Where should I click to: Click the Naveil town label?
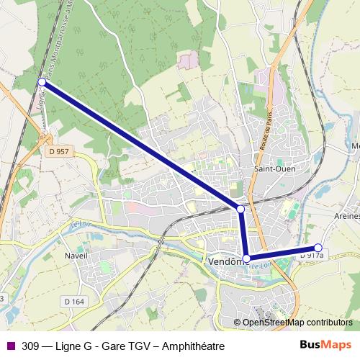pyautogui.click(x=76, y=256)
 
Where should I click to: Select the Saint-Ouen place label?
pyautogui.click(x=269, y=169)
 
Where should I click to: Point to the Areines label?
pyautogui.click(x=346, y=216)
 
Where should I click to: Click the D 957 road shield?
pyautogui.click(x=60, y=151)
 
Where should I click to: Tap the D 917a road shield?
pyautogui.click(x=312, y=255)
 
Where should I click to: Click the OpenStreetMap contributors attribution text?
pyautogui.click(x=292, y=323)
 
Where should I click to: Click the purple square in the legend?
pyautogui.click(x=9, y=346)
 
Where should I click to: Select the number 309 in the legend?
pyautogui.click(x=30, y=346)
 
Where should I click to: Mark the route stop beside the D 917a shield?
pyautogui.click(x=318, y=248)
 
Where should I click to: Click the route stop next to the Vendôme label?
pyautogui.click(x=246, y=258)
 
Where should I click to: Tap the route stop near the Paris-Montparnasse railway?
pyautogui.click(x=42, y=82)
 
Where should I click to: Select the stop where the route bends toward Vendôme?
pyautogui.click(x=240, y=209)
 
